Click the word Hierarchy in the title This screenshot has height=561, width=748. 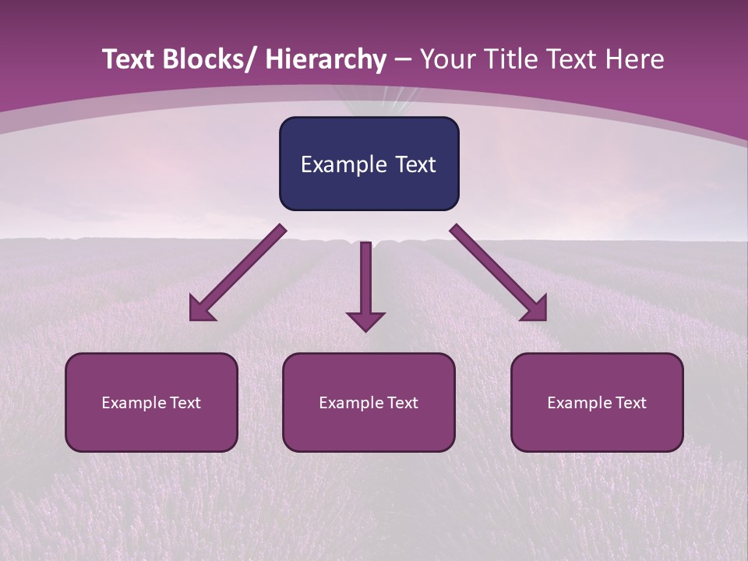(326, 60)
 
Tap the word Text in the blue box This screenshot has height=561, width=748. (415, 164)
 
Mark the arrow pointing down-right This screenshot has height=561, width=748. (499, 273)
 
